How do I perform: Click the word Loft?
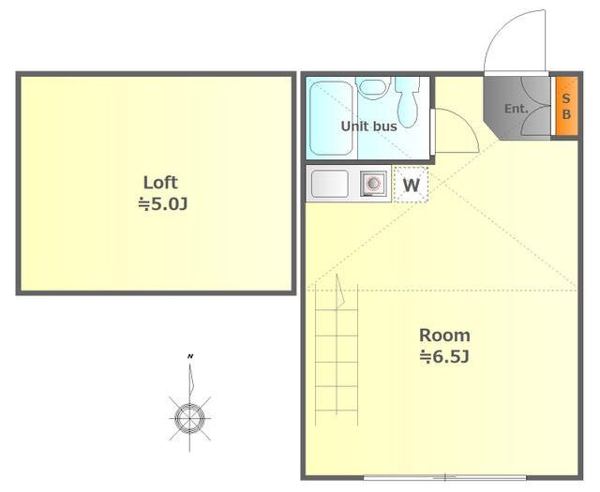(x=160, y=183)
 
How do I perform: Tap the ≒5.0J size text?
(x=163, y=204)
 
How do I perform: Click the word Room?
(x=444, y=335)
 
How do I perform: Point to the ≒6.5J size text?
(x=444, y=357)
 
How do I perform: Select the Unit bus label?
(x=368, y=127)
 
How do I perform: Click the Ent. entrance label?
(x=517, y=109)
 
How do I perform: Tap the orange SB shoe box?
(x=566, y=106)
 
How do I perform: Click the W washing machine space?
(x=411, y=185)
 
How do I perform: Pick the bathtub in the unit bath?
(x=331, y=118)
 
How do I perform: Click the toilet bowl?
(x=407, y=102)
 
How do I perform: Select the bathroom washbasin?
(x=373, y=87)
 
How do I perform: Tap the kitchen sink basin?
(x=330, y=184)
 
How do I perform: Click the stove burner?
(x=373, y=184)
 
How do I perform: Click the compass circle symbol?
(x=189, y=418)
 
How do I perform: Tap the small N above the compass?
(x=189, y=356)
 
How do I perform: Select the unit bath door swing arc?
(x=465, y=123)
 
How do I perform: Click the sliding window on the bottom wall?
(x=444, y=477)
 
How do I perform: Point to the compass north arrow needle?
(x=190, y=380)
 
